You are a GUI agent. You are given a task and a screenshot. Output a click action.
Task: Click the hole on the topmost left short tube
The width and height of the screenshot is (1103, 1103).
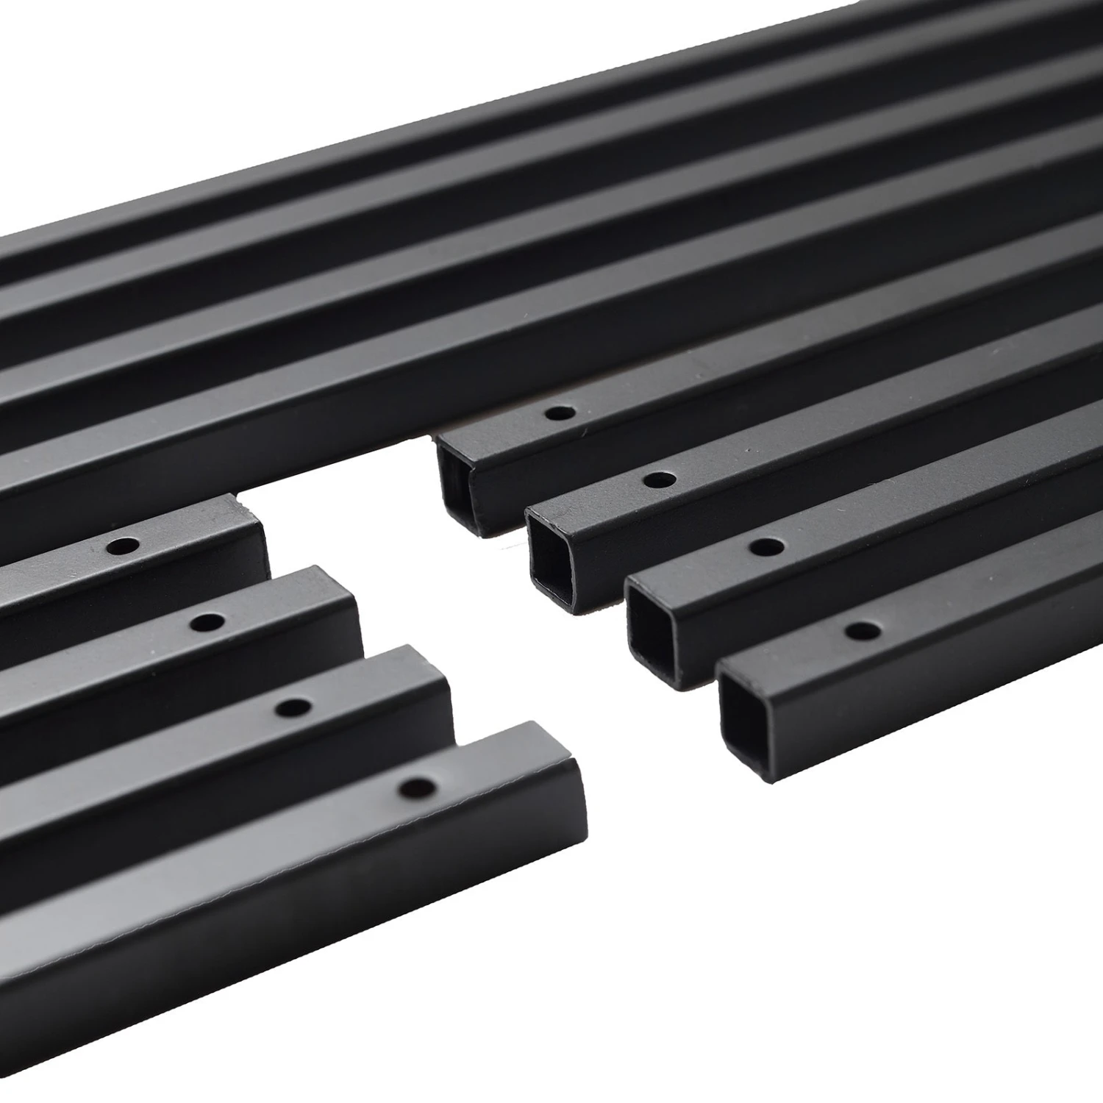coord(123,546)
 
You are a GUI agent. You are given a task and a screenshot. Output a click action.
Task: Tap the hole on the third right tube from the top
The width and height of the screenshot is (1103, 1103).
coord(767,546)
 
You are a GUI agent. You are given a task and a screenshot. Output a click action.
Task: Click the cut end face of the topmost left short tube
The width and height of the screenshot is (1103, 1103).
coord(252,537)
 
